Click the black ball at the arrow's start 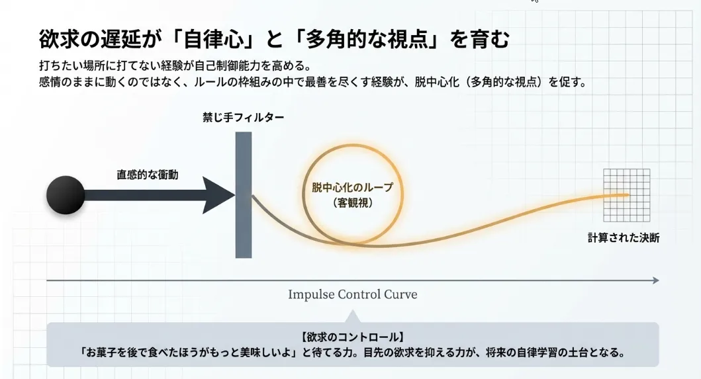(66, 195)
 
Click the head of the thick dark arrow (218, 195)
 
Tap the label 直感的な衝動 (148, 175)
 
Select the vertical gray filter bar (244, 194)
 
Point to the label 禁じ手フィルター (244, 118)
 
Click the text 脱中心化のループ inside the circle (352, 188)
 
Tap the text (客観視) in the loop (353, 204)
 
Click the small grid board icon (626, 196)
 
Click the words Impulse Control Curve (352, 294)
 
